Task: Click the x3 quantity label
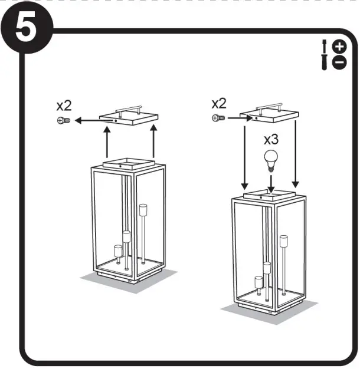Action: tap(271, 140)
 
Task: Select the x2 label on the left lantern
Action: tap(64, 106)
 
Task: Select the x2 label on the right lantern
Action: tap(219, 104)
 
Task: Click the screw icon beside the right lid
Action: tap(218, 118)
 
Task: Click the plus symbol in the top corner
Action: tap(339, 47)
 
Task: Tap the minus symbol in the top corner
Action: tap(339, 62)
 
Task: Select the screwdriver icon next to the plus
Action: tap(325, 47)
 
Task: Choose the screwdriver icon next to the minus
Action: tap(325, 62)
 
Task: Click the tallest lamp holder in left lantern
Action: tap(143, 210)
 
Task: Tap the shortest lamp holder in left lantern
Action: tap(116, 251)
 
